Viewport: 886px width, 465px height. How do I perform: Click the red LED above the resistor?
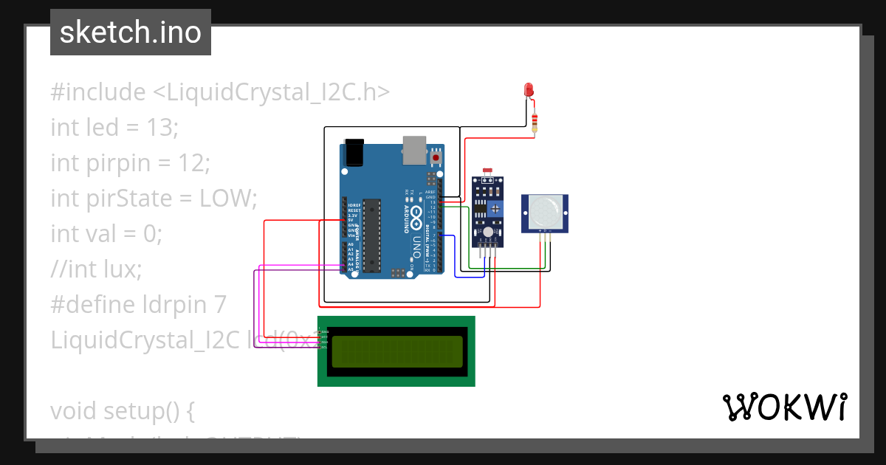coord(529,89)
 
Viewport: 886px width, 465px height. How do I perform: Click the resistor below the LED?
coord(535,120)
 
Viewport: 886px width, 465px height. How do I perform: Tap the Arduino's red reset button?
coord(436,157)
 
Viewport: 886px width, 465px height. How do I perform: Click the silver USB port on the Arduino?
coord(415,149)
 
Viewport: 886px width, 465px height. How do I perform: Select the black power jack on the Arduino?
coord(355,152)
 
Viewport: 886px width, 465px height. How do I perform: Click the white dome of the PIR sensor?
coord(545,211)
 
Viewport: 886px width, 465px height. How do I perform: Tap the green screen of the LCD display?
coord(396,351)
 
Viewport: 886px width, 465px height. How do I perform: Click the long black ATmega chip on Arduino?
coord(371,235)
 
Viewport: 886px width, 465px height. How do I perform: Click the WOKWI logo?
coord(784,407)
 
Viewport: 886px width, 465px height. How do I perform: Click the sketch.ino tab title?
coord(131,32)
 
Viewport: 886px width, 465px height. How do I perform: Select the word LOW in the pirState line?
coord(227,199)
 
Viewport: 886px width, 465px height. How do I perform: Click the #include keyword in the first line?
coord(98,92)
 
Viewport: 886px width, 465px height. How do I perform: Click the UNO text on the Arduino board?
coord(417,247)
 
